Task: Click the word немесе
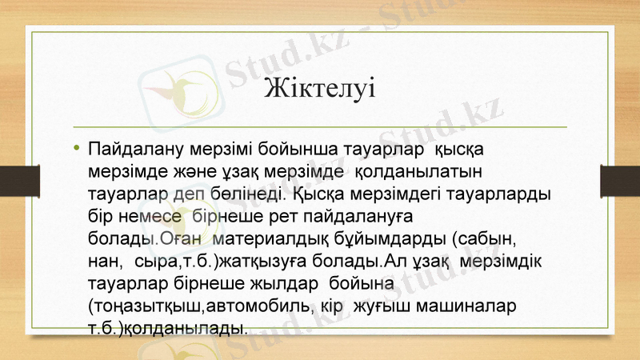click(x=148, y=216)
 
